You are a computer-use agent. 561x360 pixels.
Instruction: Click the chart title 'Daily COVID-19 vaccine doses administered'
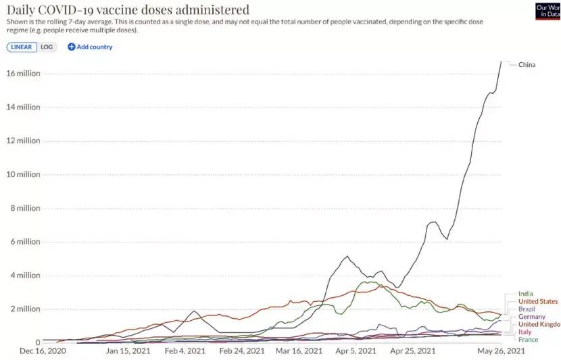[x=128, y=10]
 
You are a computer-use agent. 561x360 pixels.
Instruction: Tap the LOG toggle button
[x=47, y=47]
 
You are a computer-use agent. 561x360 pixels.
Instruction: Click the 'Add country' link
[x=90, y=47]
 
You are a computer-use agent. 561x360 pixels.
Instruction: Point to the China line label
[x=527, y=65]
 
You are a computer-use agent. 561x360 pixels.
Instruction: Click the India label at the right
[x=525, y=294]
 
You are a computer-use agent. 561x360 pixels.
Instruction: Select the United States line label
[x=538, y=301]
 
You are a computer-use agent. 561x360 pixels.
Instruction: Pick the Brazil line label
[x=527, y=309]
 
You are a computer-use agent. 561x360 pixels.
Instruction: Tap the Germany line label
[x=532, y=317]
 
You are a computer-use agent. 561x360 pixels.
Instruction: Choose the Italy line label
[x=525, y=332]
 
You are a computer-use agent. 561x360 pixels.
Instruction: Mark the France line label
[x=528, y=340]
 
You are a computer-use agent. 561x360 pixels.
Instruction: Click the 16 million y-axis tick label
[x=24, y=74]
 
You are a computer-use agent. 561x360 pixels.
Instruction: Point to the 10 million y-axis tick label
[x=24, y=174]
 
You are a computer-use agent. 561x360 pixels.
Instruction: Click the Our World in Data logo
[x=547, y=10]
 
